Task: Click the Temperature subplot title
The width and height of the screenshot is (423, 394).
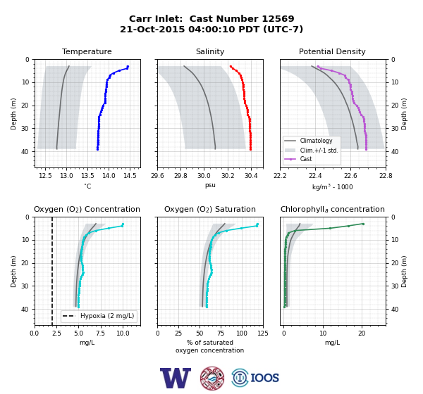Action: [x=87, y=51]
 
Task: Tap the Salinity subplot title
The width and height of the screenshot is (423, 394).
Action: [x=210, y=51]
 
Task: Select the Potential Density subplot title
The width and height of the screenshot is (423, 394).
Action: [x=332, y=51]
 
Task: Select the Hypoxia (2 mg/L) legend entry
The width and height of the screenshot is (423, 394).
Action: [x=98, y=316]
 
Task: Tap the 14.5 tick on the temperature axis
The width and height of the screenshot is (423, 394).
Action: [x=130, y=176]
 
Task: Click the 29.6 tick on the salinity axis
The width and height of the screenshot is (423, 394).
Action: [x=157, y=176]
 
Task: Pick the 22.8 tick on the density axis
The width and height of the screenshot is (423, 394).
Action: [x=386, y=176]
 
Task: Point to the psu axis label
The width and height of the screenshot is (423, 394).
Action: [x=210, y=185]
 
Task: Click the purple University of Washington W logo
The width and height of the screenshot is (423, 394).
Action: [x=176, y=378]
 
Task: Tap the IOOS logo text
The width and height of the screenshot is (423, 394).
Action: [x=265, y=378]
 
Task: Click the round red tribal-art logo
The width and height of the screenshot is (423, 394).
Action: [x=212, y=378]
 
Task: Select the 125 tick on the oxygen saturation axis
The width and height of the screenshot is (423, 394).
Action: [x=263, y=333]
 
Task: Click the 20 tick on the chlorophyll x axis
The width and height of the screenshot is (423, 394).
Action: [x=362, y=333]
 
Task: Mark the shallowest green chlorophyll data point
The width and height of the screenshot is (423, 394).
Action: [x=363, y=224]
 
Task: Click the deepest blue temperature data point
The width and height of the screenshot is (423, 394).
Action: [x=97, y=149]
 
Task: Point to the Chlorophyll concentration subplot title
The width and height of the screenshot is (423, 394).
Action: [x=332, y=209]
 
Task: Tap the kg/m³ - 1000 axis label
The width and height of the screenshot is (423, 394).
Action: [x=332, y=186]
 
